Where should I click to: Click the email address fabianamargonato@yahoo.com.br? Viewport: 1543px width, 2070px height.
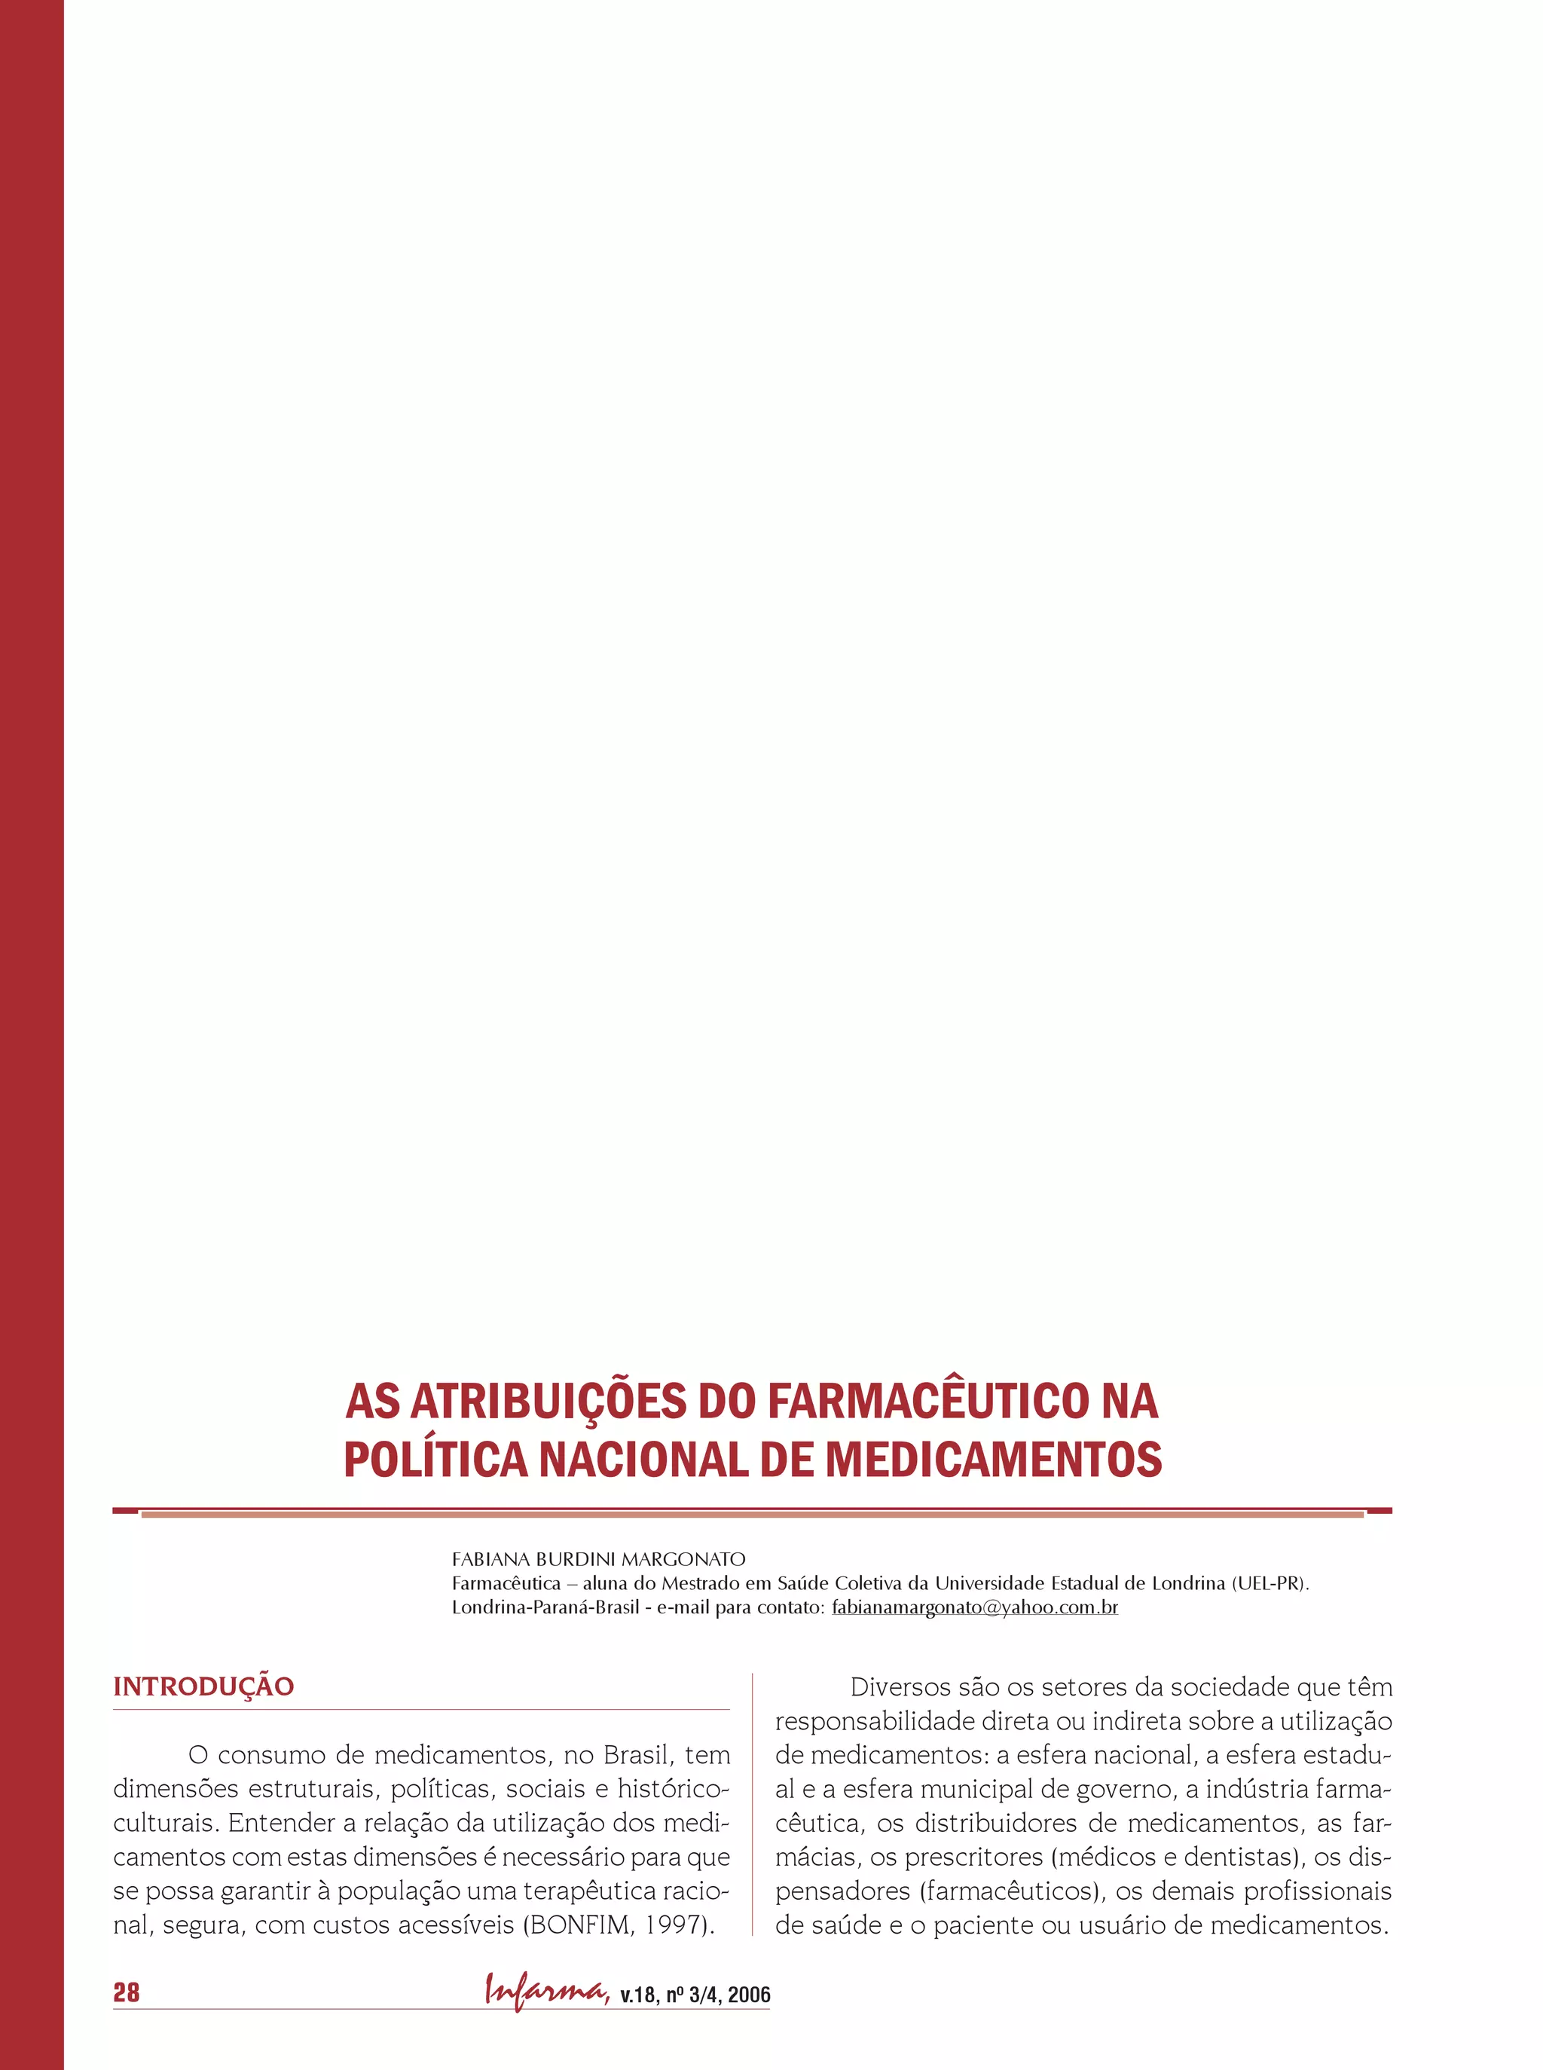coord(974,1607)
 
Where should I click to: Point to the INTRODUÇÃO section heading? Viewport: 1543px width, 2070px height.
coord(203,1687)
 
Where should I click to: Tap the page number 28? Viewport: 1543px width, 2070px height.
coord(126,1992)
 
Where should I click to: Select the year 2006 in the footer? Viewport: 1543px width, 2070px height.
coord(749,1996)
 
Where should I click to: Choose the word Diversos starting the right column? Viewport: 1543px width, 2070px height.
coord(900,1687)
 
